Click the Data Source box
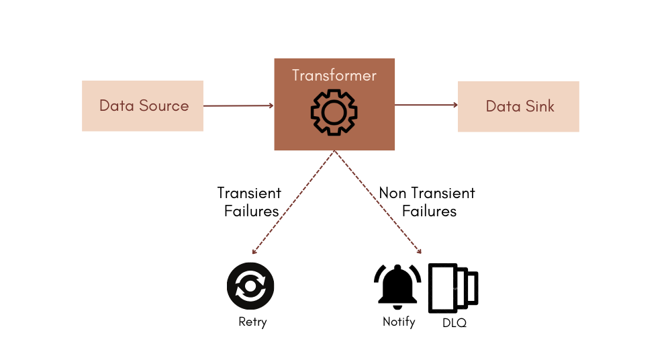(142, 106)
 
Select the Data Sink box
(518, 106)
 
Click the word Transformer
(334, 75)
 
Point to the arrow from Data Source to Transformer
(238, 105)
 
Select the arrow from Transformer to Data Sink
(426, 105)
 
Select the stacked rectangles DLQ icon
(453, 287)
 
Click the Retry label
(252, 322)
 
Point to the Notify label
(399, 322)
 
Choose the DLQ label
(454, 323)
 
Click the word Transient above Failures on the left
(249, 193)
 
